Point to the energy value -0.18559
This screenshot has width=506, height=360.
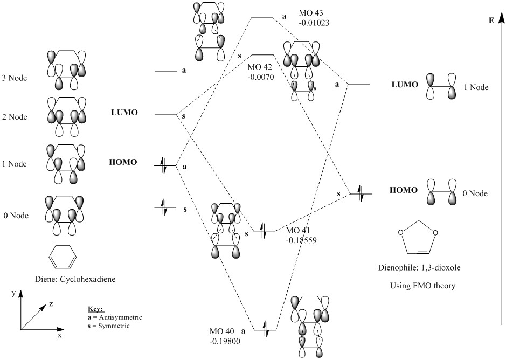click(301, 241)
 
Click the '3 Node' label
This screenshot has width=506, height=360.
click(15, 78)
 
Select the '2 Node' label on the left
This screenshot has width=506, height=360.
click(15, 117)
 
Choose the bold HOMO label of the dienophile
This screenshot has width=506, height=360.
click(404, 190)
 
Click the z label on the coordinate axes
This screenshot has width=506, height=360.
click(51, 304)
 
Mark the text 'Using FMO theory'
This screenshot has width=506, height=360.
click(422, 286)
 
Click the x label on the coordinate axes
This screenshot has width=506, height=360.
click(59, 335)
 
